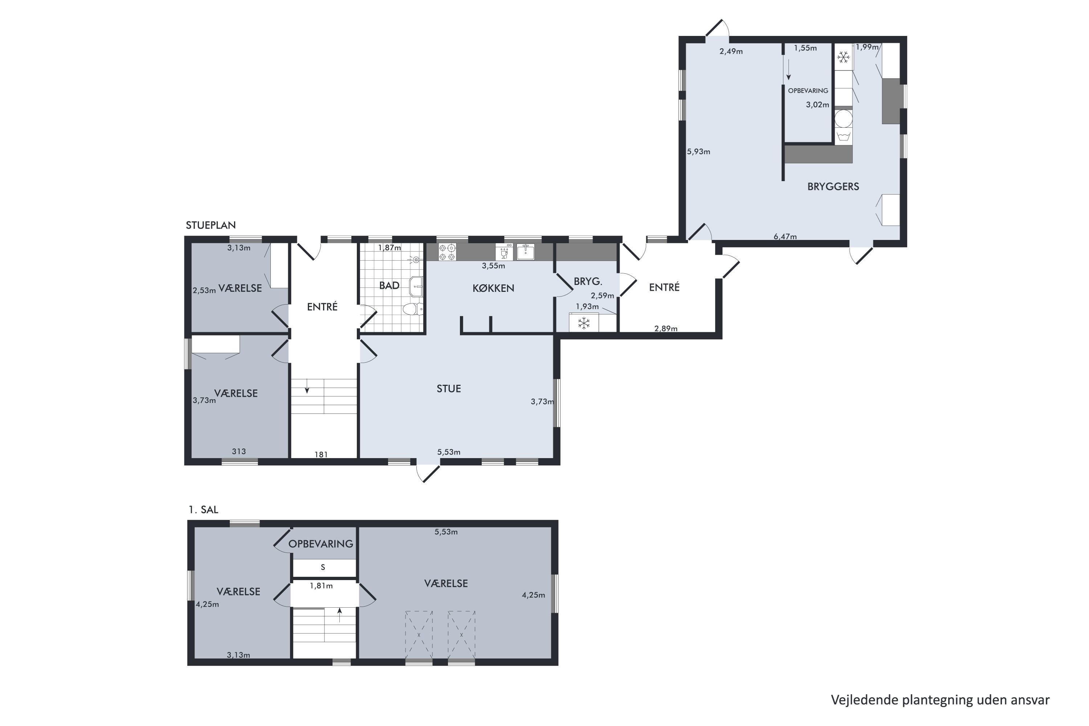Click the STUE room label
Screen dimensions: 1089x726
pos(449,388)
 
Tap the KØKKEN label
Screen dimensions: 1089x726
pos(493,288)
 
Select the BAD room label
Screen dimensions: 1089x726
pos(389,285)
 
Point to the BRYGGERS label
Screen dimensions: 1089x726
pos(833,187)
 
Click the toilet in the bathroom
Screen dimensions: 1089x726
pos(412,309)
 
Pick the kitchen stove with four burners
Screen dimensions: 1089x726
pos(447,252)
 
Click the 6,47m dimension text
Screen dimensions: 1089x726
pos(785,237)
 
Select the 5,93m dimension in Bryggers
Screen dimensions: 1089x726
pos(698,151)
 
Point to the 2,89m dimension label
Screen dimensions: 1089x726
pos(666,329)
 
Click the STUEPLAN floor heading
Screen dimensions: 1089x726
pos(211,225)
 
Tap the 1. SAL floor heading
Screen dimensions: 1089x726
pos(203,510)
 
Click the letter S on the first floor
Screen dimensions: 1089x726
pos(323,567)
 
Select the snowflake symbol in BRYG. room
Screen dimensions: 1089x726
pos(584,323)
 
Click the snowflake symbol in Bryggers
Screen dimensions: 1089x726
pos(844,57)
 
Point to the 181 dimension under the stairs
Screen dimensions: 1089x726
pos(321,455)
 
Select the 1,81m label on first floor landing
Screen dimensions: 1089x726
pos(321,586)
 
